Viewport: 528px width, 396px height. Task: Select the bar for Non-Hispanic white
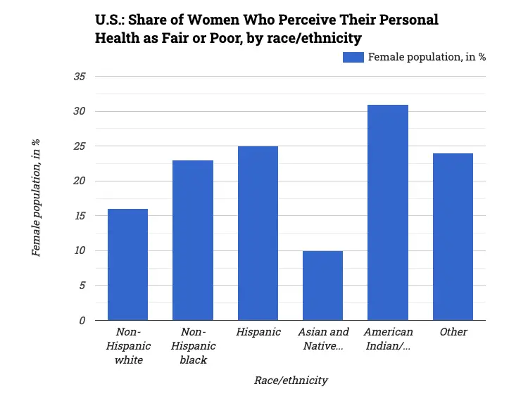click(127, 264)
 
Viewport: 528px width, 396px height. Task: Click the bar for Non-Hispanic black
click(193, 241)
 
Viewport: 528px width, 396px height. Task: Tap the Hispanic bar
click(258, 234)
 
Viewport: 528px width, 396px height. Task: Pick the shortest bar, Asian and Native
click(323, 286)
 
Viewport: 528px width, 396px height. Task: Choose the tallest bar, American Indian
click(388, 212)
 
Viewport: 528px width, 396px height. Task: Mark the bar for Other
click(453, 237)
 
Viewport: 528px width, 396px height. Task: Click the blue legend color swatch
click(353, 57)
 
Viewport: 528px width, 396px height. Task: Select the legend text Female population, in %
click(427, 57)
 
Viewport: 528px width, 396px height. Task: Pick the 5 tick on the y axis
click(82, 286)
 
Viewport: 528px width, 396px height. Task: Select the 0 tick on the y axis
click(82, 320)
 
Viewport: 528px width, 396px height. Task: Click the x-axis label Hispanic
click(258, 332)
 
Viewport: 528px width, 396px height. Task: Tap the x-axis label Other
click(453, 332)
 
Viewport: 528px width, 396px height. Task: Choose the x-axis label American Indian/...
click(388, 338)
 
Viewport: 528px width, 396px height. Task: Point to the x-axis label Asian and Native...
click(323, 338)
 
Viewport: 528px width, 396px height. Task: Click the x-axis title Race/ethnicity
click(291, 381)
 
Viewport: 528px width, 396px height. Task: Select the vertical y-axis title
click(37, 198)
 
